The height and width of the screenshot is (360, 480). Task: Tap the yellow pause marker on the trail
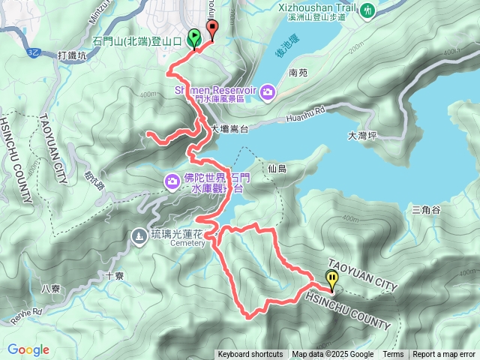[331, 279]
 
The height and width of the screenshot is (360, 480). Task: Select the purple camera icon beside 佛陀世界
[172, 181]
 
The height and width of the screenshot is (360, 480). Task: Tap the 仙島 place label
[277, 169]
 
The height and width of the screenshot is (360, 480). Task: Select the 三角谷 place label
[425, 210]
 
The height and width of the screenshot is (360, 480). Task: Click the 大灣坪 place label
[363, 136]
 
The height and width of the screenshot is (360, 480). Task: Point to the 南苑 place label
[298, 73]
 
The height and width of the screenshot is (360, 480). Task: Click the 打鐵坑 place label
[72, 55]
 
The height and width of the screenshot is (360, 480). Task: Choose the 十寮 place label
[115, 275]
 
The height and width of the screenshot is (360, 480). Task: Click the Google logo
[28, 349]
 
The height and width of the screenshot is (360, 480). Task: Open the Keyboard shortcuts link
[250, 355]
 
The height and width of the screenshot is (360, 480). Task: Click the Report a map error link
[444, 355]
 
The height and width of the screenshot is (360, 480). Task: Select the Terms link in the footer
[393, 355]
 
